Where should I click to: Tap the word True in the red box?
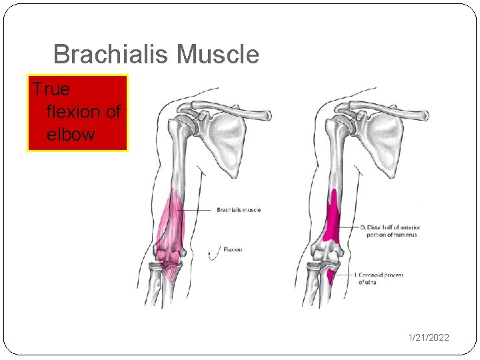51,89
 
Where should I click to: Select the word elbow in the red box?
71,134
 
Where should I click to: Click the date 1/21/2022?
429,337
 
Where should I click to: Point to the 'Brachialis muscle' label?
239,210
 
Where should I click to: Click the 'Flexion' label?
233,250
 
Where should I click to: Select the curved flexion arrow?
215,251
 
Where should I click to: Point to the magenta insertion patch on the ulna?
331,275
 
